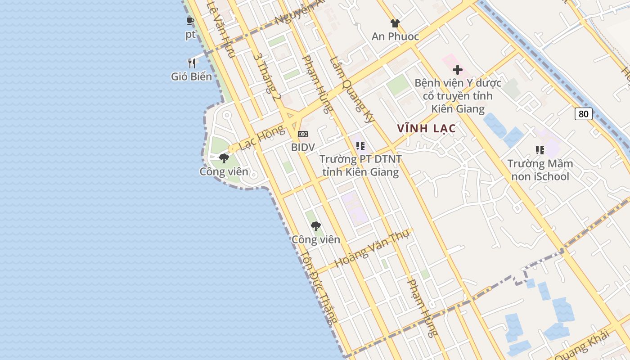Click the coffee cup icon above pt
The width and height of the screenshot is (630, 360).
(x=190, y=21)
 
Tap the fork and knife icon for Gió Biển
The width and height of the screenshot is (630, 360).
(x=192, y=63)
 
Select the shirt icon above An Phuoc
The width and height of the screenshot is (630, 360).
(x=395, y=23)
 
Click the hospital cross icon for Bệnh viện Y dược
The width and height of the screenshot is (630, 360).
(x=458, y=70)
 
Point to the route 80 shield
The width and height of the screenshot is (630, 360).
(x=583, y=114)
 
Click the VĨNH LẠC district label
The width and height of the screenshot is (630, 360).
(x=427, y=129)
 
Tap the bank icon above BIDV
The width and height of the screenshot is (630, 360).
(x=303, y=134)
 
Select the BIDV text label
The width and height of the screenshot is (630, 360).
(x=303, y=147)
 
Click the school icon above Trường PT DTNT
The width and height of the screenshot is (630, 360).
(x=360, y=145)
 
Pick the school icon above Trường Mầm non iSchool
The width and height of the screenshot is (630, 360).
(x=540, y=150)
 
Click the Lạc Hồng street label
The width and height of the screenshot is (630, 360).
(x=262, y=138)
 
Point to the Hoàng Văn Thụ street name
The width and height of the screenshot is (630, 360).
(x=372, y=248)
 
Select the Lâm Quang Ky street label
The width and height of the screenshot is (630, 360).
(x=352, y=90)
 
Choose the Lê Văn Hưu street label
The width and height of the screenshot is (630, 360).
(x=221, y=29)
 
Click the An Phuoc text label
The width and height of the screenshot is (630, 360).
(x=395, y=37)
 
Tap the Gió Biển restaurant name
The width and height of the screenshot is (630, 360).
(x=191, y=76)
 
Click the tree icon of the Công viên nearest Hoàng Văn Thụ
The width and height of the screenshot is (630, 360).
(x=316, y=226)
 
